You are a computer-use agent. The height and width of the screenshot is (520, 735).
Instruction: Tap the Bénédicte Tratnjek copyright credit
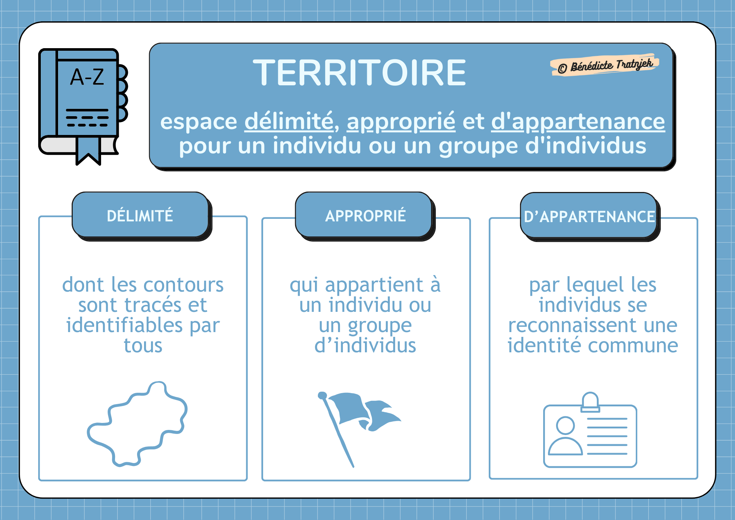click(605, 65)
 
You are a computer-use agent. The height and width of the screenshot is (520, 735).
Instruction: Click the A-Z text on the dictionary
click(87, 77)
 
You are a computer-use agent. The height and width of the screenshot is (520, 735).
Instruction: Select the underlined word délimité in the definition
click(289, 121)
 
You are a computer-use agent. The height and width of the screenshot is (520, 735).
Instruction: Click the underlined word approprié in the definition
click(401, 121)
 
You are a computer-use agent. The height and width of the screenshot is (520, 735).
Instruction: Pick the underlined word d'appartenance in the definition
click(578, 121)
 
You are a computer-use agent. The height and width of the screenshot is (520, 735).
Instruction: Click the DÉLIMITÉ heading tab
click(140, 216)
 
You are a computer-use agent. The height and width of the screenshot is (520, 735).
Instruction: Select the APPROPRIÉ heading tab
click(365, 216)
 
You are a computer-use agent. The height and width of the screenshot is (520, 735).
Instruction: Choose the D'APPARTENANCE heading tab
click(589, 217)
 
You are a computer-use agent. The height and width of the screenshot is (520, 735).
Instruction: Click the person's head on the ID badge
click(565, 425)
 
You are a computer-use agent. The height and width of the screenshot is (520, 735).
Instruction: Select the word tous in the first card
click(143, 346)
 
